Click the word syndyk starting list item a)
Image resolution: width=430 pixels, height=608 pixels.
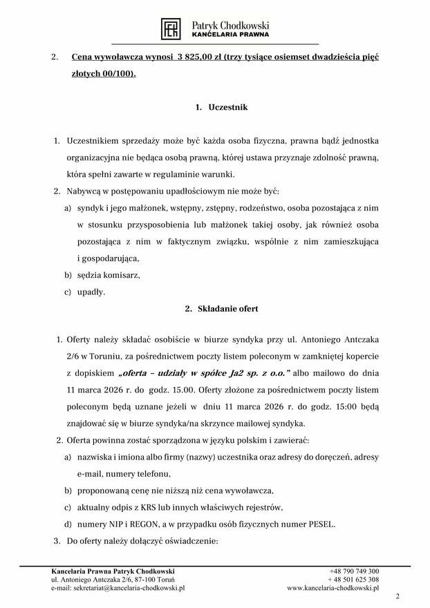point(90,207)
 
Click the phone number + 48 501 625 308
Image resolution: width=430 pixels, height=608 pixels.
point(353,580)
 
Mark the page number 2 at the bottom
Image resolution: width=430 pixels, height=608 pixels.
point(398,596)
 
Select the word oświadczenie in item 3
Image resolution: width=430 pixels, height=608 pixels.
point(188,541)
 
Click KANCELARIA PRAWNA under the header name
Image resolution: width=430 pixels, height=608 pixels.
point(230,34)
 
